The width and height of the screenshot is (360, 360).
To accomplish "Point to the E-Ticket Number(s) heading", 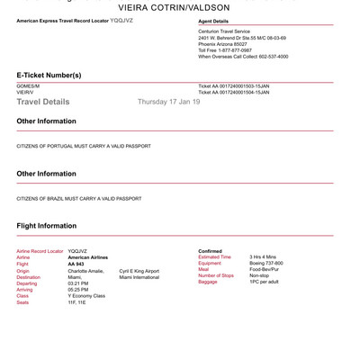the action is pyautogui.click(x=49, y=75).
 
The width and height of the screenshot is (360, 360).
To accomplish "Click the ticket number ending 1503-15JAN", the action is pyautogui.click(x=233, y=86).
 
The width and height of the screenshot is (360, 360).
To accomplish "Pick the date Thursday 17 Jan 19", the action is pyautogui.click(x=168, y=102).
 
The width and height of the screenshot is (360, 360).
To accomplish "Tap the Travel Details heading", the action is pyautogui.click(x=42, y=103).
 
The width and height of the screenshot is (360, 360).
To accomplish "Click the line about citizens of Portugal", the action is pyautogui.click(x=84, y=146).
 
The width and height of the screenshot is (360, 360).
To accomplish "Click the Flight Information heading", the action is pyautogui.click(x=46, y=226).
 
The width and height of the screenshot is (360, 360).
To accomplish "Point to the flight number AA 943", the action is pyautogui.click(x=76, y=264).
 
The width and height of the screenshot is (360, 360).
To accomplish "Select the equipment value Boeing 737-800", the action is pyautogui.click(x=266, y=263).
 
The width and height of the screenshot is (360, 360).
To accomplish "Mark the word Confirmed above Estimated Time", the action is pyautogui.click(x=210, y=251).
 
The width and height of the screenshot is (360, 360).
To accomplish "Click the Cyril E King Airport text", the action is pyautogui.click(x=139, y=270).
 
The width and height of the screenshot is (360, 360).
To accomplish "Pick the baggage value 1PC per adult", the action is pyautogui.click(x=265, y=282).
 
